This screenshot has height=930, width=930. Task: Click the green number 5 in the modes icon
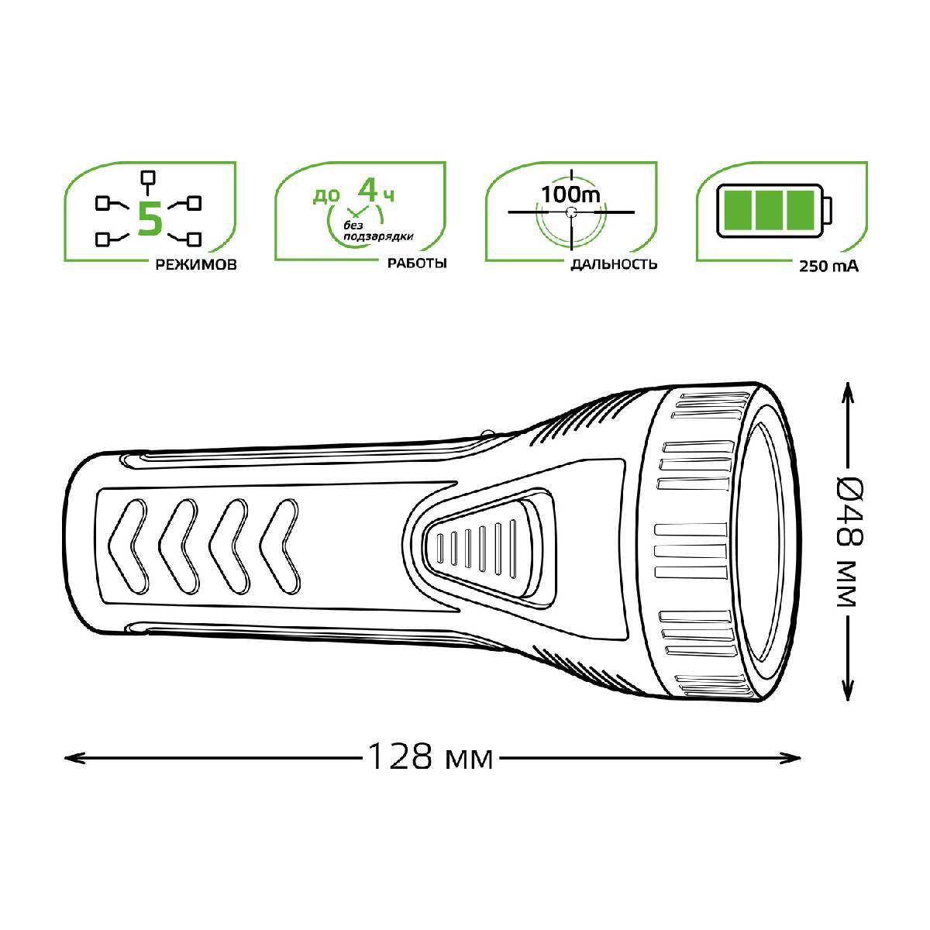click(x=150, y=219)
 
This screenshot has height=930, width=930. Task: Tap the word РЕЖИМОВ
click(x=196, y=265)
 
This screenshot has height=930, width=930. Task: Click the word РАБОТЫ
click(x=418, y=263)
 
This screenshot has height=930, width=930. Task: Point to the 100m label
click(x=570, y=194)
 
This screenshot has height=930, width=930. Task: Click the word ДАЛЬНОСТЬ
click(x=614, y=264)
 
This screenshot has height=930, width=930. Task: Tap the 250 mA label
click(x=828, y=266)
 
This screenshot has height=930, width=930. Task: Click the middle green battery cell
click(x=770, y=211)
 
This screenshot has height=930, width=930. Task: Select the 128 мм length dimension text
click(x=430, y=756)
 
